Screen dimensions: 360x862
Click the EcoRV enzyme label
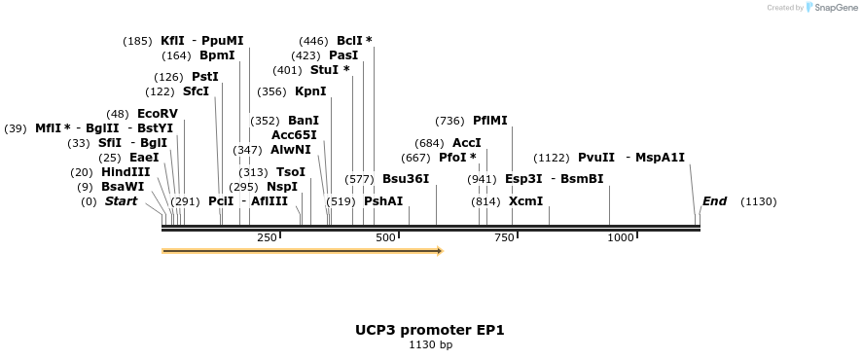[158, 114]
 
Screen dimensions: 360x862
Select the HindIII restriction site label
[126, 172]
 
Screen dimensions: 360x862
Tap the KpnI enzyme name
[310, 91]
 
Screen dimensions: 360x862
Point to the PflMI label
[490, 121]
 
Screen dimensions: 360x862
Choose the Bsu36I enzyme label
[406, 179]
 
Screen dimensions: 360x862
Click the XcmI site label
[525, 201]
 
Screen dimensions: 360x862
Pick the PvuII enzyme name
[596, 158]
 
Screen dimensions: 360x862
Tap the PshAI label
[383, 201]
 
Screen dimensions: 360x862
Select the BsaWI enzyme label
[123, 187]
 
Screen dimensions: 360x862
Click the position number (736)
[450, 121]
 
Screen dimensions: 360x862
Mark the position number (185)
[137, 41]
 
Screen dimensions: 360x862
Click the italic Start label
[122, 201]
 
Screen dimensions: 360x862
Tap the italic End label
[714, 201]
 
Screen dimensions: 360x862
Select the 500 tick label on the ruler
[385, 238]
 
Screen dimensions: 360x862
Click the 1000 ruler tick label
[621, 238]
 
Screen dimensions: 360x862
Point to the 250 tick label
[267, 238]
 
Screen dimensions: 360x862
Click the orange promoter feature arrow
[302, 251]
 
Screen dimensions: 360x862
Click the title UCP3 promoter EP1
[430, 330]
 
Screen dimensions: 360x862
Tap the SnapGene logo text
[837, 8]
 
